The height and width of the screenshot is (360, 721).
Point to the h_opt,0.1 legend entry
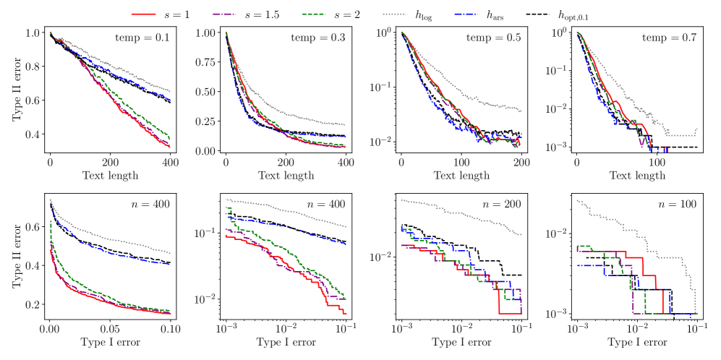pyautogui.click(x=604, y=14)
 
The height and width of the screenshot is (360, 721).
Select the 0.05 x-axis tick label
pyautogui.click(x=111, y=329)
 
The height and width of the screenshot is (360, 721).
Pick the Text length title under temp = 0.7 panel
pyautogui.click(x=636, y=176)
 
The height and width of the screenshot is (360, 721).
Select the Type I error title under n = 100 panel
pyautogui.click(x=636, y=343)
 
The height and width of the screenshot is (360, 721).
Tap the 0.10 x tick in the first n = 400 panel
pyautogui.click(x=171, y=329)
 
